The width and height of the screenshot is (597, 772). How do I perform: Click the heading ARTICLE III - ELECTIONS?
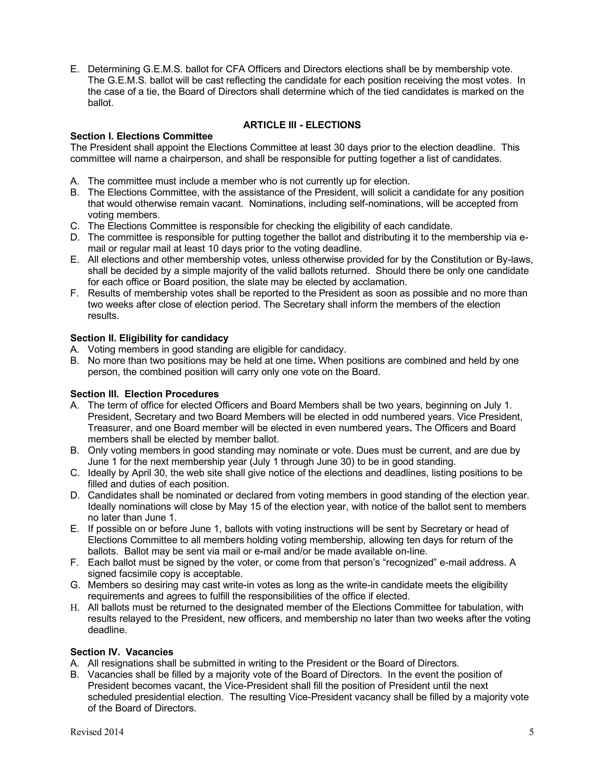302,125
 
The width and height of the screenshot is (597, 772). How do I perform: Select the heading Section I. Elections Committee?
141,136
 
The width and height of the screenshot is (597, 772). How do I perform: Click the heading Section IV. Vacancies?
122,652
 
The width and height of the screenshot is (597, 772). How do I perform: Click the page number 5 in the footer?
531,732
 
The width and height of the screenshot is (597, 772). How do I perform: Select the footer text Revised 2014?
97,732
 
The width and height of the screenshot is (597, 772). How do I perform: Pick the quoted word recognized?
409,562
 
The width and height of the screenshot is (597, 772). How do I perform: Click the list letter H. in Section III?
75,608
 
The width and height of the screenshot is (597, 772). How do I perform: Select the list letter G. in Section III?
75,585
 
